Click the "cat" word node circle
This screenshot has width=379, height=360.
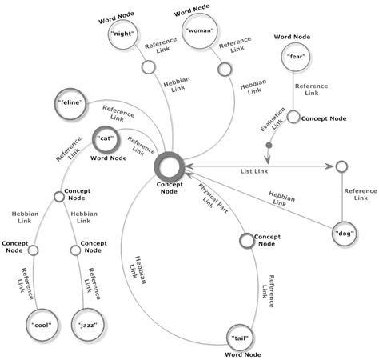click(105, 138)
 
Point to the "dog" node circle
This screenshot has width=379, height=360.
click(345, 234)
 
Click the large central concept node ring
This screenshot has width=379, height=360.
click(170, 166)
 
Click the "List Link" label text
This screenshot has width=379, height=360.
click(255, 171)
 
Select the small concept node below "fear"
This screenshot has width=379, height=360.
click(293, 118)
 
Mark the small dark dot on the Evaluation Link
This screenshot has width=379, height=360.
click(269, 146)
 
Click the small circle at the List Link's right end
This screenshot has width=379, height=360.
click(341, 166)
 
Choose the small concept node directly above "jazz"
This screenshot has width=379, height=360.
click(75, 250)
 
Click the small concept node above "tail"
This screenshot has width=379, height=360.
click(246, 238)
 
